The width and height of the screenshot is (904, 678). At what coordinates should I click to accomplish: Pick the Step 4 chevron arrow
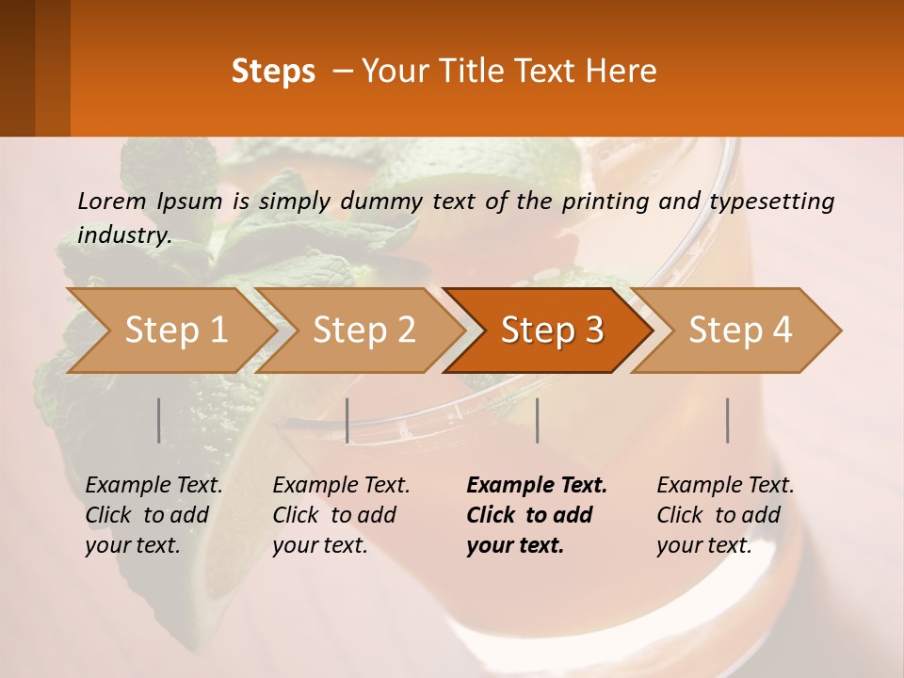point(740,331)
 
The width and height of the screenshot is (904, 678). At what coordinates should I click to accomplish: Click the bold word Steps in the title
point(273,72)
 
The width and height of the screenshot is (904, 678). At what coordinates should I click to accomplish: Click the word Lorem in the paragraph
point(112,202)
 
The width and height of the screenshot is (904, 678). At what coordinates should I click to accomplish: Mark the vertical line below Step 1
point(159,420)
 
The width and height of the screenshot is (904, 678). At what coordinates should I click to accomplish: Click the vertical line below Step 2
point(347,420)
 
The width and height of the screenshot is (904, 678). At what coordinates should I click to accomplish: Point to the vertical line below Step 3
point(537,420)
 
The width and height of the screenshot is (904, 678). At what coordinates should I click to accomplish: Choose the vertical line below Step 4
point(727,420)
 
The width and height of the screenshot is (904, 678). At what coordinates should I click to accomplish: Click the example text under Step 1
point(153,515)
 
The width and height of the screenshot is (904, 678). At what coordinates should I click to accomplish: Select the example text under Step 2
point(341,515)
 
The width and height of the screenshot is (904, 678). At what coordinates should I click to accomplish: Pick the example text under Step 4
point(725,515)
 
